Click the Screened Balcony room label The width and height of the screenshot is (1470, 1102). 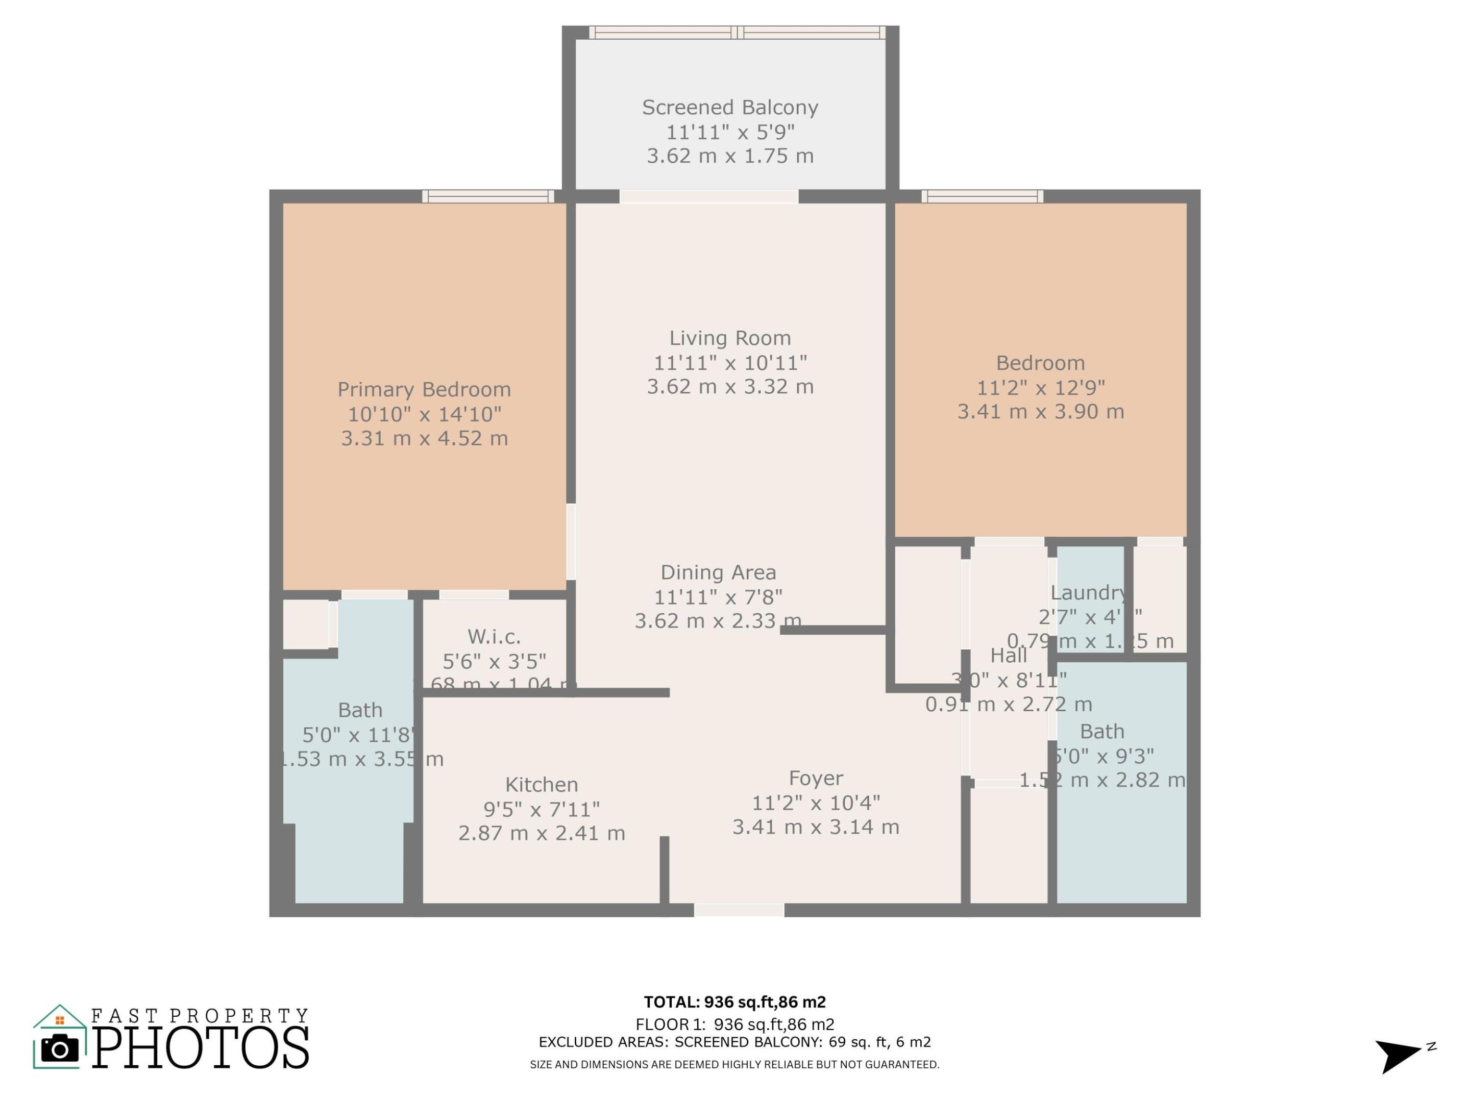tap(730, 108)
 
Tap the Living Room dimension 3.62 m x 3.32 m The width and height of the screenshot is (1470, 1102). tap(730, 387)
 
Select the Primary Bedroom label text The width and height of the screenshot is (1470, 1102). tap(424, 389)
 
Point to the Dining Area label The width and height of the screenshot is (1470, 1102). tap(718, 572)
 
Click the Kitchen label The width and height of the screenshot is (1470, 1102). tap(541, 785)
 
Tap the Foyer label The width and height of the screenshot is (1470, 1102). tap(816, 778)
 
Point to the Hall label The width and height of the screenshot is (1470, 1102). tap(1008, 656)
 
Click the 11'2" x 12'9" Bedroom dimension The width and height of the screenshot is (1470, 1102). tap(1040, 387)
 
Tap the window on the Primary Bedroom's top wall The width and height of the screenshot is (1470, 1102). tap(488, 196)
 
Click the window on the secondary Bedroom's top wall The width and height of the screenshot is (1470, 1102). tap(982, 196)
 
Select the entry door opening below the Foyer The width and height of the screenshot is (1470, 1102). tap(739, 910)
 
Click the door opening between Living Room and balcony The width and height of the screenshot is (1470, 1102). tap(708, 196)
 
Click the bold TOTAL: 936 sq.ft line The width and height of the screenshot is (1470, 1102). tap(734, 1001)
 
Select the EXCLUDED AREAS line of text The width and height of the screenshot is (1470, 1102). tap(734, 1042)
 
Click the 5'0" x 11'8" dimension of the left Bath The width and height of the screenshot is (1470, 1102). tap(359, 735)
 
